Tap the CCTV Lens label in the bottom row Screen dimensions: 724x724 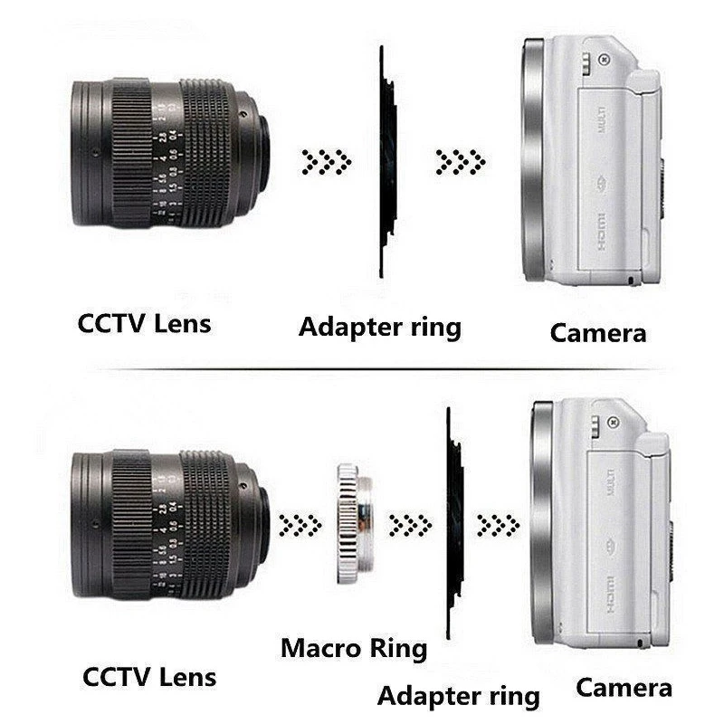tap(148, 676)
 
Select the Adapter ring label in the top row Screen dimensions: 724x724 tap(379, 326)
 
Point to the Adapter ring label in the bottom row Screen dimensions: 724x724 tap(458, 696)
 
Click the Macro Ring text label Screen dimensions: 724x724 tap(353, 648)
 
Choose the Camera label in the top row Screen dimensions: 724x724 tap(598, 332)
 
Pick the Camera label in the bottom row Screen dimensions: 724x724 tap(624, 687)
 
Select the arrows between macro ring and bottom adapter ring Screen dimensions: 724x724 tap(409, 524)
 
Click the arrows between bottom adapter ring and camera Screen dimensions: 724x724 tap(498, 524)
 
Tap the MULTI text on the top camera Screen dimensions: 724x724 tap(601, 120)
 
